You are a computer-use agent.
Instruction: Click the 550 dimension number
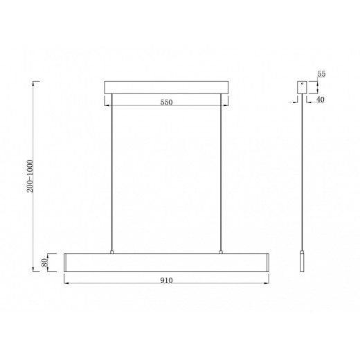[165, 102]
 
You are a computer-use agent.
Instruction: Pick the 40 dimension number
[321, 101]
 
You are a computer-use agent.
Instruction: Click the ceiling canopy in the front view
[165, 88]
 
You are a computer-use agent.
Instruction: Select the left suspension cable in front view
[111, 173]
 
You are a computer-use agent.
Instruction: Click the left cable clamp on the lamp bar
[111, 253]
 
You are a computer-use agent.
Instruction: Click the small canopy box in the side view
[302, 88]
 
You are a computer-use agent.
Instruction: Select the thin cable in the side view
[302, 173]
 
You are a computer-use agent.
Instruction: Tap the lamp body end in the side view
[302, 263]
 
